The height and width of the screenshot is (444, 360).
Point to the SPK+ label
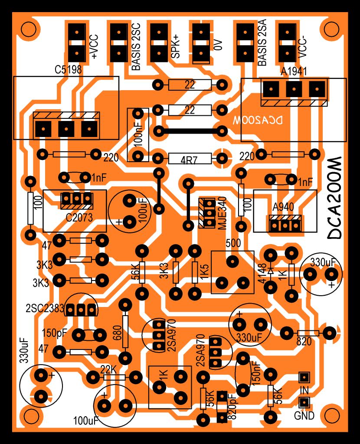click(175, 47)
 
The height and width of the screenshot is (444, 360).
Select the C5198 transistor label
click(69, 69)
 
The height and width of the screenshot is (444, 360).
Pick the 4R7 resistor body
click(190, 159)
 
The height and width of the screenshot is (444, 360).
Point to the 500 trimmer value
click(233, 243)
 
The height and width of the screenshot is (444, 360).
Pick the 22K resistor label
click(108, 370)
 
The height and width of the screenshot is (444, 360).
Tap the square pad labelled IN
click(304, 376)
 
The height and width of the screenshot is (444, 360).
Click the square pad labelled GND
click(304, 403)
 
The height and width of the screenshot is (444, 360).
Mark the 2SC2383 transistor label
click(45, 309)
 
